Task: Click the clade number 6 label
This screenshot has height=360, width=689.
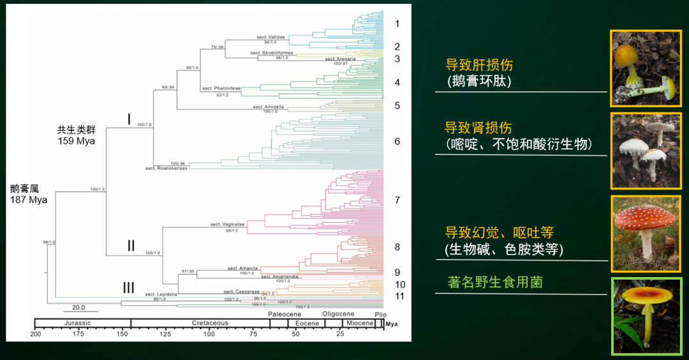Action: tap(397, 141)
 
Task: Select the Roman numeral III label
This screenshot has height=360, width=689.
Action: tap(128, 288)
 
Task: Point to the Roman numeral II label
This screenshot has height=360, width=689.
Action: tap(130, 245)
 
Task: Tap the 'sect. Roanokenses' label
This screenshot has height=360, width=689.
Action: tap(166, 168)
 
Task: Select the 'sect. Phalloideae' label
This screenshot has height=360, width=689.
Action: tap(216, 88)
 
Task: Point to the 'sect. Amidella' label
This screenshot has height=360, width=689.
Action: tap(269, 107)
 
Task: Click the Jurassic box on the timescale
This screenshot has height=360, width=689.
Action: tap(82, 323)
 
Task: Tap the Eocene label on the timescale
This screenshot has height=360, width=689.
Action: tap(307, 323)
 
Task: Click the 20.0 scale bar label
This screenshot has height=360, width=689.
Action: tap(78, 306)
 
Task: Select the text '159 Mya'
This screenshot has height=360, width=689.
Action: tap(76, 140)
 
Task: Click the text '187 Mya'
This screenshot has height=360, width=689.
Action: tap(29, 200)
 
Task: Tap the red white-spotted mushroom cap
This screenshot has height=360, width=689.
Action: tap(646, 218)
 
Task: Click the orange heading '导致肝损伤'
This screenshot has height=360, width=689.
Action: tap(478, 65)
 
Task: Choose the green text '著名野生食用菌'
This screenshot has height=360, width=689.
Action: tap(495, 281)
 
